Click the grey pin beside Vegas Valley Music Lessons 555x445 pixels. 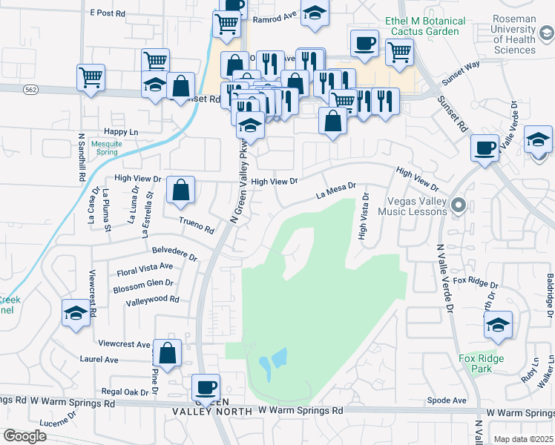point(459,205)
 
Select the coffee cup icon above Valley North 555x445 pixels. point(206,386)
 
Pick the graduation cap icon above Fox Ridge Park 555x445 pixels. point(498,324)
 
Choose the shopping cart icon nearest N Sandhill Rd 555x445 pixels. point(91,76)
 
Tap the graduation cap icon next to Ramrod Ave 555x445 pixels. point(315,13)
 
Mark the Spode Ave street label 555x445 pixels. point(447,400)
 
